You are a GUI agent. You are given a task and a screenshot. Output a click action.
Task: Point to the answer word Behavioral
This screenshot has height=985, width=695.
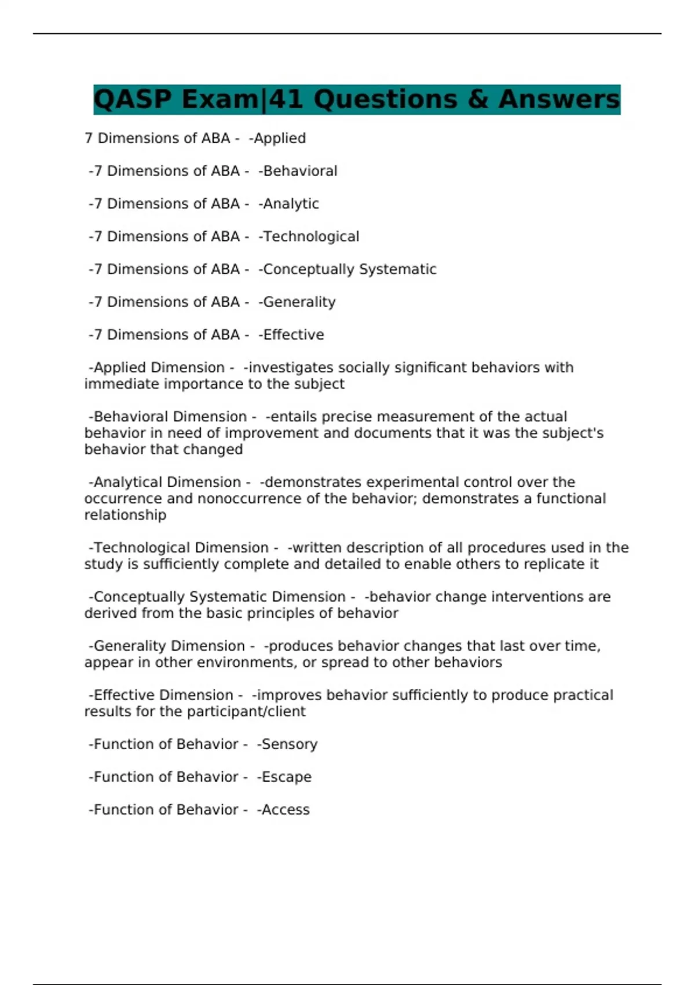[x=299, y=172]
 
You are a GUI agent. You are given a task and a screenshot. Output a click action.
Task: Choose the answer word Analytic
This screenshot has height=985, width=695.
[x=291, y=204]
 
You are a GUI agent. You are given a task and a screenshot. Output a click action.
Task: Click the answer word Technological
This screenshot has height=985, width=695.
[x=310, y=237]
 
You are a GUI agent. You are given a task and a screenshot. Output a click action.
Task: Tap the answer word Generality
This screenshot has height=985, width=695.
[x=299, y=302]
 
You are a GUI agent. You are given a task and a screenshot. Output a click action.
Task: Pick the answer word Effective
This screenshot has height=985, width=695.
[x=293, y=335]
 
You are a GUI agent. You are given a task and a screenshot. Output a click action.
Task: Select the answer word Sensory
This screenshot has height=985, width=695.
[x=289, y=745]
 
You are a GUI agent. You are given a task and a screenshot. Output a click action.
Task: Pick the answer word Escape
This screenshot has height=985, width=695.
[x=286, y=777]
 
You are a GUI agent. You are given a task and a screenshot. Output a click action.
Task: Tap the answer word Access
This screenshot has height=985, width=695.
[x=285, y=810]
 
